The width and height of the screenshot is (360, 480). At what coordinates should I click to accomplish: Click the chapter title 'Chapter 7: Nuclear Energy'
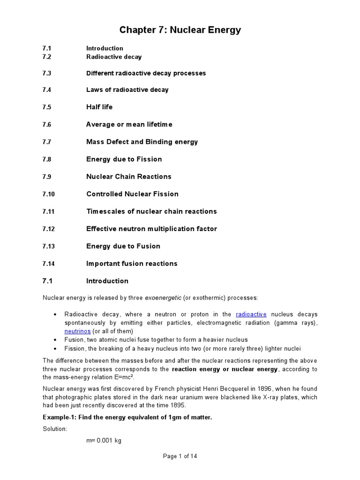coord(180,30)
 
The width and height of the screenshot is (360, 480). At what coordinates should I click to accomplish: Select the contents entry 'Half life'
coord(99,107)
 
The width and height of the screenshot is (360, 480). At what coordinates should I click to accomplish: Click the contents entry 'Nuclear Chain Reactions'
coord(129,177)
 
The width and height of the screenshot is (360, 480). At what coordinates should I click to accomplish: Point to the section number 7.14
coord(49,264)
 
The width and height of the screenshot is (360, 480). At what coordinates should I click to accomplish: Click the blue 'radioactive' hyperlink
coord(251,315)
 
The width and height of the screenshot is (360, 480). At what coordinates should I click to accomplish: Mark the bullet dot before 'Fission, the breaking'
coord(56,349)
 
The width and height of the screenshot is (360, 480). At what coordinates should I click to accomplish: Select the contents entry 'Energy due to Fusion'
coord(123,247)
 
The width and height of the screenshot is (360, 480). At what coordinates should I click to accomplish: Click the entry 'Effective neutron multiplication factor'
coord(151,229)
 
